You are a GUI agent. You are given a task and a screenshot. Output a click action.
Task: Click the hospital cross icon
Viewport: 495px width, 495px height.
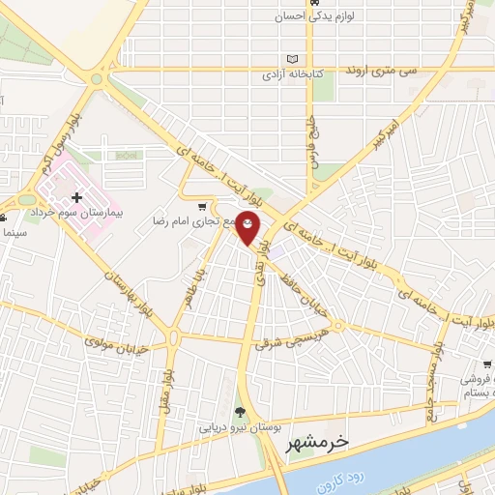click(x=77, y=198)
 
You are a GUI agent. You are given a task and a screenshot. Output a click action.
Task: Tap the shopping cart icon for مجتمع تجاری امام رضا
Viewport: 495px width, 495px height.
click(x=201, y=206)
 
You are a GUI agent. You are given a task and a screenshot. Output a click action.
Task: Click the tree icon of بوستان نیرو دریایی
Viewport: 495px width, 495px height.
click(x=241, y=413)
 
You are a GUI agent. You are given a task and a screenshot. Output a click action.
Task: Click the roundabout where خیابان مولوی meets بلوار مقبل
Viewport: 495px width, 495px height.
click(x=174, y=337)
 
